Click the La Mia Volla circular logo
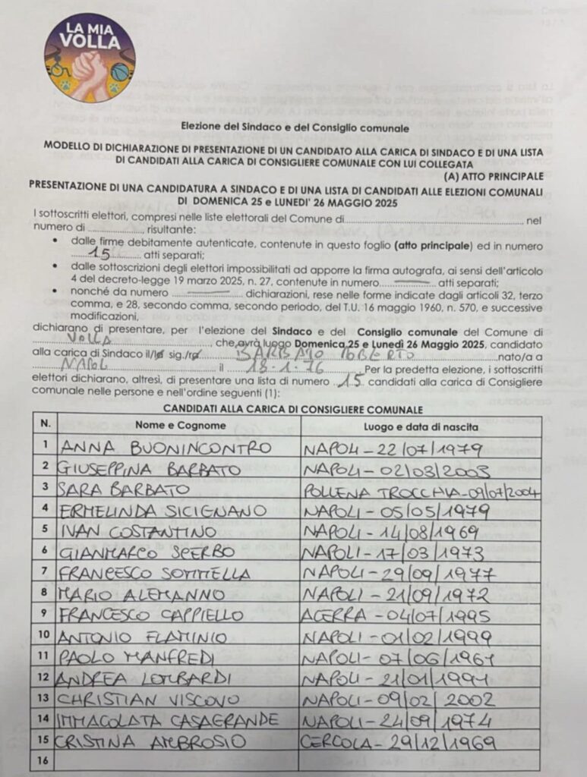[90, 58]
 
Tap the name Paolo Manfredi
[137, 656]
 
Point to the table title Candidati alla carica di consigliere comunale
[292, 409]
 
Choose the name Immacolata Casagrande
[169, 719]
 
